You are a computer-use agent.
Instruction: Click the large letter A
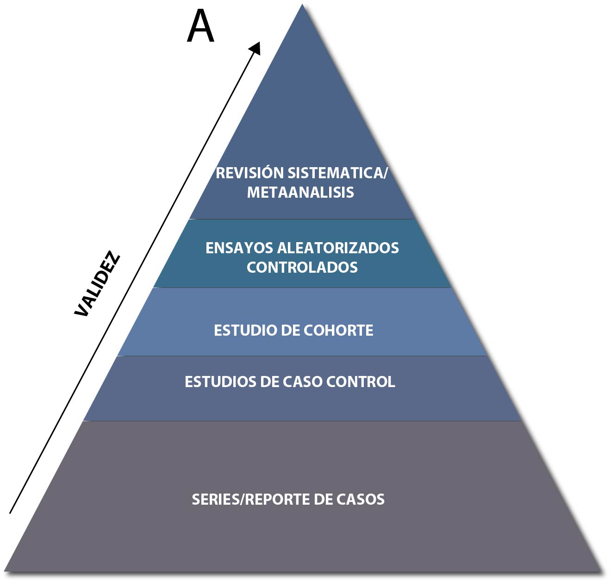[200, 27]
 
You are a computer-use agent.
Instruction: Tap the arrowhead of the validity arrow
[256, 47]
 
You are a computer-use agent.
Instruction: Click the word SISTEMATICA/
[337, 173]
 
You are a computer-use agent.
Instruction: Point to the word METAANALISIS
[300, 192]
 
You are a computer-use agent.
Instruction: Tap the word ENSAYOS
[239, 248]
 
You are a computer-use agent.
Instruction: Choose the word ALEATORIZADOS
[338, 248]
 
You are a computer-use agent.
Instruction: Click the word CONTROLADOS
[302, 268]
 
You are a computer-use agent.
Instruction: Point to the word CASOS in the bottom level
[360, 500]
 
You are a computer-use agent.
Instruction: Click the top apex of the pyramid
[302, 6]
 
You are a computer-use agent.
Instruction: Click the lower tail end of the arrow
[10, 513]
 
